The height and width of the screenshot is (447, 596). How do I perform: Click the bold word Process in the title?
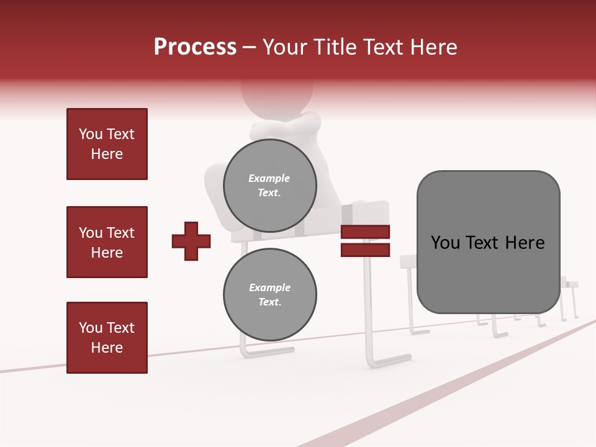click(x=195, y=47)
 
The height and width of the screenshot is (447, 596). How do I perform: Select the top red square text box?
click(x=107, y=144)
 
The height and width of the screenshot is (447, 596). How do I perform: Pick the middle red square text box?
click(x=107, y=242)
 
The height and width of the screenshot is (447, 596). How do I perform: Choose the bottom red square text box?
click(x=107, y=337)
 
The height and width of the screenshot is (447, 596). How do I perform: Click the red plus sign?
click(x=191, y=241)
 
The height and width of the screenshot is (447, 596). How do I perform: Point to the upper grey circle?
click(x=269, y=185)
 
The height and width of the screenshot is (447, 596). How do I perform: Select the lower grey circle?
click(x=269, y=294)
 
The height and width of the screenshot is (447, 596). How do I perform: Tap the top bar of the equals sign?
click(x=365, y=232)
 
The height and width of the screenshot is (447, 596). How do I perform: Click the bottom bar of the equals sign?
click(x=365, y=250)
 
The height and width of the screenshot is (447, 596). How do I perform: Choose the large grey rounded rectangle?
click(x=488, y=242)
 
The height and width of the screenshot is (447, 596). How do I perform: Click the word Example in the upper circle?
click(x=269, y=178)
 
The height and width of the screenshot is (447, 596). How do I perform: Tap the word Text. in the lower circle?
click(x=269, y=302)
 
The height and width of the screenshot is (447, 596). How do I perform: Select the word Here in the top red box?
click(x=107, y=154)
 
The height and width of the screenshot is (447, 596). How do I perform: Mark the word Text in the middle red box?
click(x=120, y=233)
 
